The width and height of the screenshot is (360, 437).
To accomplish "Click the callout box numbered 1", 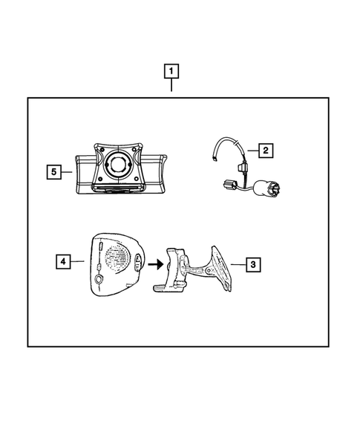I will (x=171, y=72).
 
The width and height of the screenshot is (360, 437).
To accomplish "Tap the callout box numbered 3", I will (x=253, y=263).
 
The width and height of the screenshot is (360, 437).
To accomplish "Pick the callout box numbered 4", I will (x=65, y=262).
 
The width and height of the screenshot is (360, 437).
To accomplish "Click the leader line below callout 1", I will (x=171, y=88).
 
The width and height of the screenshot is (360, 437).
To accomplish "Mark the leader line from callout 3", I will (x=237, y=263).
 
